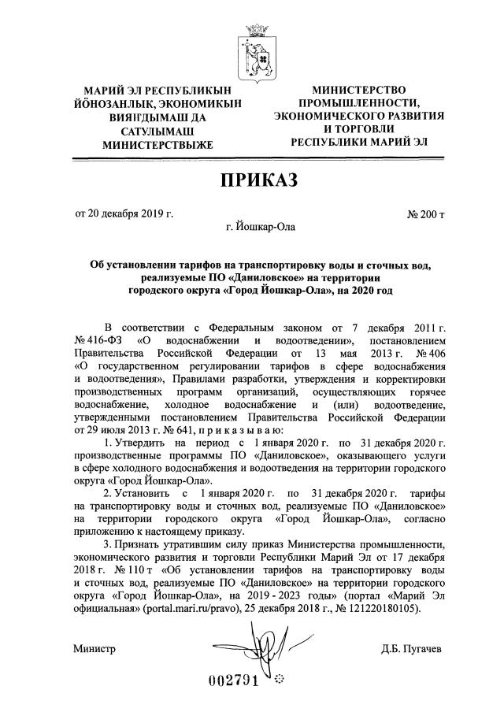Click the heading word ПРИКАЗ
[x=252, y=182]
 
